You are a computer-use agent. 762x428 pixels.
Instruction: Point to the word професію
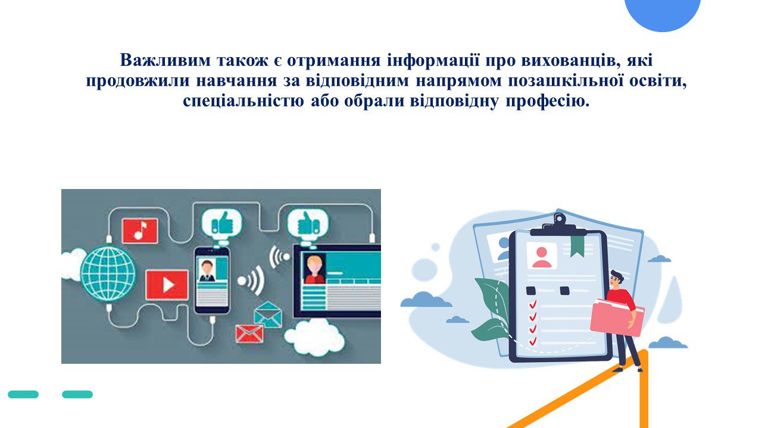(x=547, y=101)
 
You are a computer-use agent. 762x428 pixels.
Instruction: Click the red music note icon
(x=140, y=231)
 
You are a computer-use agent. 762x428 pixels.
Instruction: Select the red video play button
(x=167, y=285)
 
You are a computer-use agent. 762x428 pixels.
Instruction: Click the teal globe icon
(x=108, y=274)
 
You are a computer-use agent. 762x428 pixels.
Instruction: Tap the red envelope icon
(x=249, y=333)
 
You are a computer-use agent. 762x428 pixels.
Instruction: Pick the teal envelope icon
(x=268, y=314)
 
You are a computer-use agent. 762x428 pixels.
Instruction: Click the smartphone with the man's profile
(x=211, y=281)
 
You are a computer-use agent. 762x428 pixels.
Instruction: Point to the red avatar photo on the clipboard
(x=542, y=256)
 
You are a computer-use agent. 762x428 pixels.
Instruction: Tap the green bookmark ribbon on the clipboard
(x=577, y=246)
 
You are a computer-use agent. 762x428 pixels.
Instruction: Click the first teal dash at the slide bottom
(x=23, y=394)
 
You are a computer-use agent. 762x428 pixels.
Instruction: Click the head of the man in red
(x=616, y=279)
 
